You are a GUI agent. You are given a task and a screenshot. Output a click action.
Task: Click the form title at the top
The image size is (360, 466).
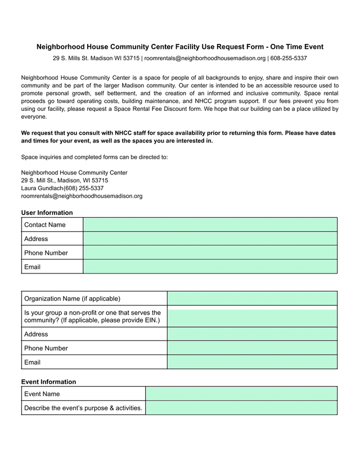coord(180,47)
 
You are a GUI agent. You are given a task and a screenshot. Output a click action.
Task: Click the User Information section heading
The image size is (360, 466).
coord(47,213)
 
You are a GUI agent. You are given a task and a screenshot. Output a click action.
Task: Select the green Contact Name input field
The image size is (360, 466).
coord(210,225)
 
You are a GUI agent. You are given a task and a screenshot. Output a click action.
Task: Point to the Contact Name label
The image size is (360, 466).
coord(45,225)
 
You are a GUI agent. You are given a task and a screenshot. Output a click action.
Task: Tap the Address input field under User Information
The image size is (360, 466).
coord(210,239)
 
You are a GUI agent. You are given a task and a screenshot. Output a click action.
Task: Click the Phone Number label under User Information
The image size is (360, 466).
coord(46,253)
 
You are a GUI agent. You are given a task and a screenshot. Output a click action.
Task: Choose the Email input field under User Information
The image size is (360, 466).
coord(210,267)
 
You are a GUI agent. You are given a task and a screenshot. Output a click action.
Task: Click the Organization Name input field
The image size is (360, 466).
coord(252,298)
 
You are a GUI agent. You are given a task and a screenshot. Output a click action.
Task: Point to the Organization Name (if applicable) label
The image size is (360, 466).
coord(72,298)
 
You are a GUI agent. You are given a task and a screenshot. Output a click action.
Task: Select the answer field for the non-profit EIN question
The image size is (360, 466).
coord(252,316)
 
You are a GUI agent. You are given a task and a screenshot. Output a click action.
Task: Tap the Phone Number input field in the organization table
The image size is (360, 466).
coord(252,348)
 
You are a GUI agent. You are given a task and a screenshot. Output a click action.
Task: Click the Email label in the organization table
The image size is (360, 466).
coord(32,362)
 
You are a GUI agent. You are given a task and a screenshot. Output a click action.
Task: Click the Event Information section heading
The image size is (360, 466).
coord(48,382)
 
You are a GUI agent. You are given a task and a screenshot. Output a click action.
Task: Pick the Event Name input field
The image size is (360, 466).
coord(241,393)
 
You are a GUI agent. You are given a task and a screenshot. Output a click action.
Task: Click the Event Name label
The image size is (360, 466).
coord(42,394)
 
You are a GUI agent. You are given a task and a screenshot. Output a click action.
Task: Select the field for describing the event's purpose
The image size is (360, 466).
coord(241,407)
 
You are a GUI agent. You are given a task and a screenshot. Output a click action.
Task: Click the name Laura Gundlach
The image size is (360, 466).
coord(42,188)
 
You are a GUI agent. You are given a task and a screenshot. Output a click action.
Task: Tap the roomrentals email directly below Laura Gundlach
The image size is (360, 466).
coord(82,196)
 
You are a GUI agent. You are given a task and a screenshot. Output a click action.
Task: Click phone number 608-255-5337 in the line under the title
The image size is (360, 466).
coord(289,58)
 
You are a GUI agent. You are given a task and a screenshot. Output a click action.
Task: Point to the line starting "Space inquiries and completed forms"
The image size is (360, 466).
coord(94,157)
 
